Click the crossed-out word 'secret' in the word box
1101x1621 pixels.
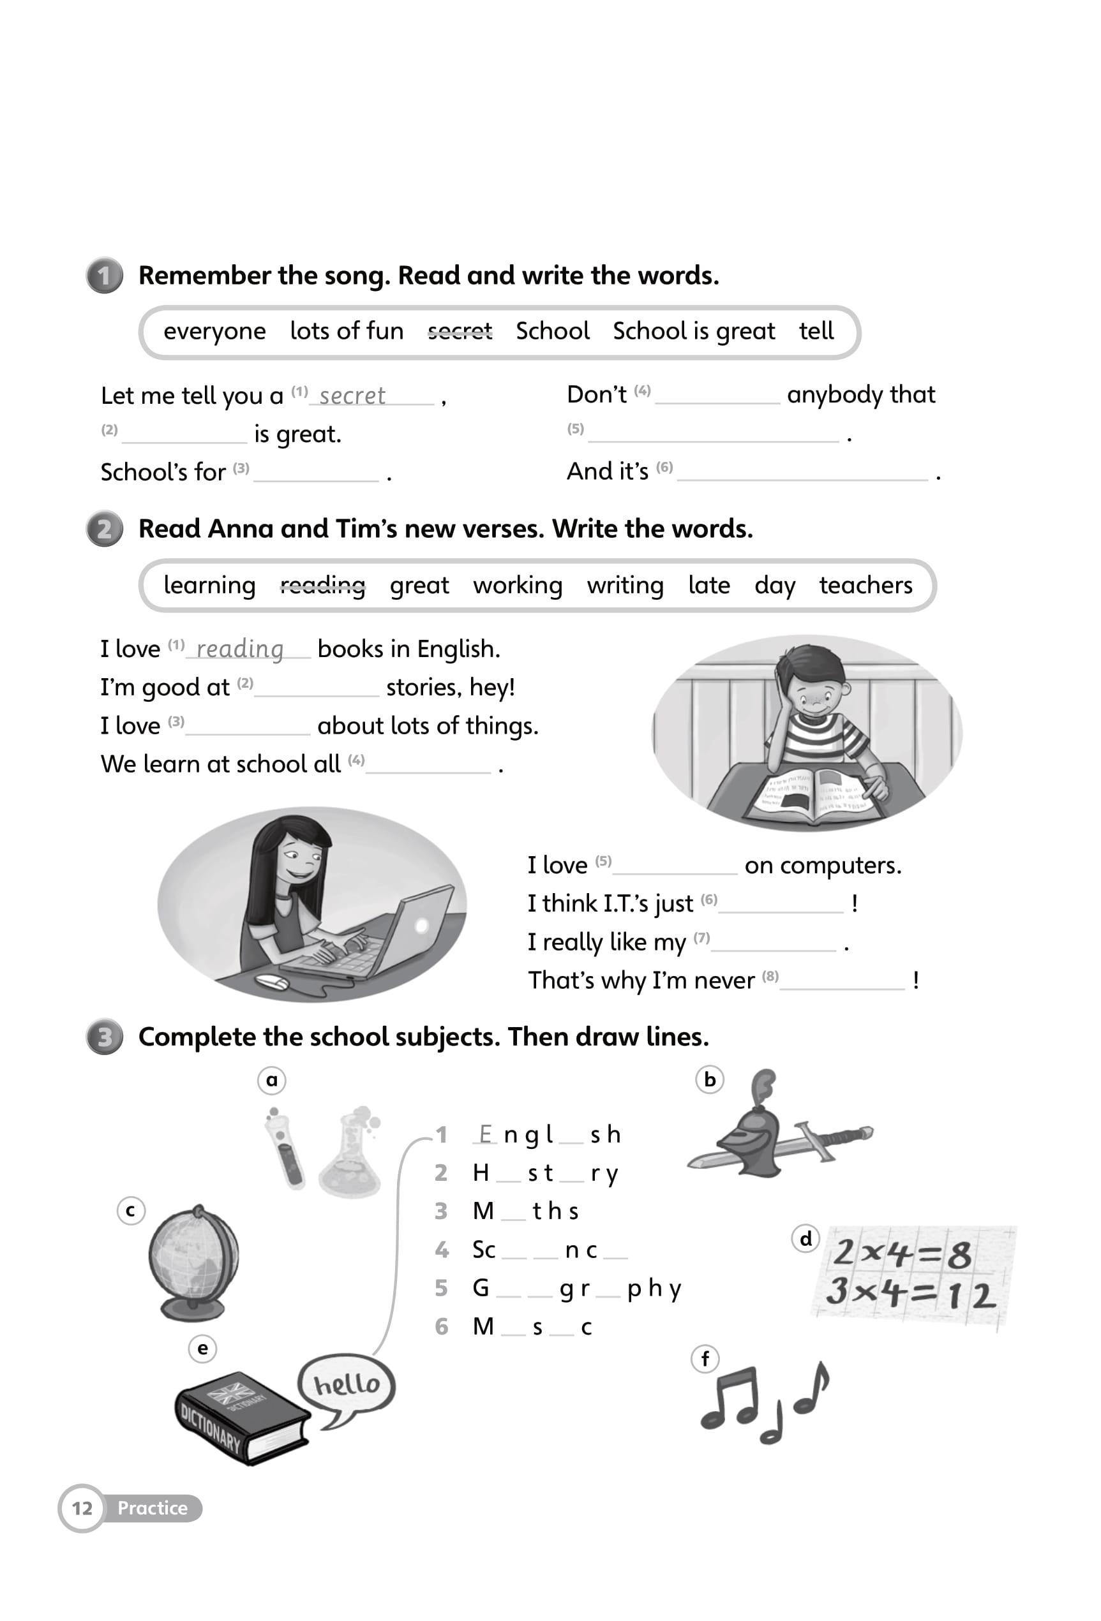tap(460, 330)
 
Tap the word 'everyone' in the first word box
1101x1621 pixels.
tap(214, 330)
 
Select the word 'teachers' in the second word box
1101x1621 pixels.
tap(865, 584)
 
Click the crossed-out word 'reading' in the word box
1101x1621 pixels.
tap(322, 584)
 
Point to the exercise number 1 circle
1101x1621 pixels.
tap(105, 276)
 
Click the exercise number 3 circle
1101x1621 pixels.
tap(105, 1037)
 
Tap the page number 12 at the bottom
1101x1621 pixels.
tap(82, 1508)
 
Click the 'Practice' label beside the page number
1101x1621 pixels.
tap(152, 1508)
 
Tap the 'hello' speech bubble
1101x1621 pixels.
tap(347, 1384)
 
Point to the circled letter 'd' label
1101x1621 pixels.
tap(806, 1239)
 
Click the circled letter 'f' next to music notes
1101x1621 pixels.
tap(705, 1359)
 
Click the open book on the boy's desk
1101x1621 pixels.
tap(813, 794)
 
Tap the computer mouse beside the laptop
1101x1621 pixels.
tap(272, 982)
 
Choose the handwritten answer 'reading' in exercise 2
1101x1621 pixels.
tap(240, 649)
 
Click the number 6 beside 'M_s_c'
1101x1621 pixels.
tap(441, 1327)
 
